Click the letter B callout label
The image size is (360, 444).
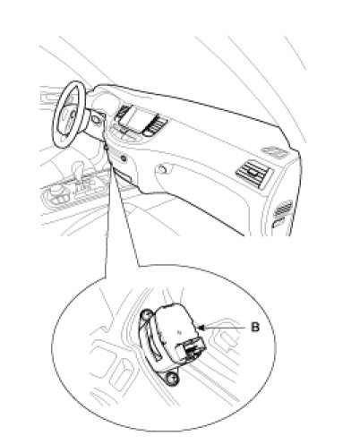[x=255, y=327]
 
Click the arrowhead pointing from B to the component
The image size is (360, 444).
[x=201, y=328]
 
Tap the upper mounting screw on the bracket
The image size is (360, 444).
[x=146, y=315]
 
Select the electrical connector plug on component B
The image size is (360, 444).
[x=191, y=349]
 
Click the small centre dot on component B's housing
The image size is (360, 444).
[x=178, y=331]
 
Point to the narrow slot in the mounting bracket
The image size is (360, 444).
[x=155, y=347]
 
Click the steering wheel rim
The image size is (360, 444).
[x=70, y=114]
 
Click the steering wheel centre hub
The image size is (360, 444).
[x=72, y=115]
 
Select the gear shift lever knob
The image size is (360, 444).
[x=79, y=167]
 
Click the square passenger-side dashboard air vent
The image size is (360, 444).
[x=253, y=174]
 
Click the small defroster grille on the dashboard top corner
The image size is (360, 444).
[x=275, y=151]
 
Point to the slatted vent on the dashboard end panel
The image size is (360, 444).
[x=283, y=209]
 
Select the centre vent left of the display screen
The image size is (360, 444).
[x=122, y=112]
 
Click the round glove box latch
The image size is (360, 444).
[x=161, y=169]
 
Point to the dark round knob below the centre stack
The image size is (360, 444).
[x=123, y=158]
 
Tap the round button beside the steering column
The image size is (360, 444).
[x=96, y=120]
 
